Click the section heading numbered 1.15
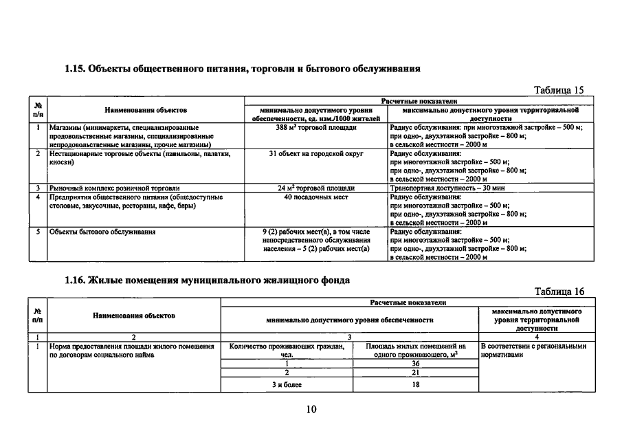pyautogui.click(x=243, y=69)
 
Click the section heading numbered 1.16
pyautogui.click(x=207, y=280)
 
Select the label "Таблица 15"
pyautogui.click(x=559, y=90)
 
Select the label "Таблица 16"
pyautogui.click(x=559, y=291)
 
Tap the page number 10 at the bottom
pyautogui.click(x=311, y=410)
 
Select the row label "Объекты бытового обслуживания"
pyautogui.click(x=102, y=232)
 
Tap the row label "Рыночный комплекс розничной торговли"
pyautogui.click(x=114, y=188)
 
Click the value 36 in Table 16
pyautogui.click(x=415, y=363)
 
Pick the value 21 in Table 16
pyautogui.click(x=415, y=372)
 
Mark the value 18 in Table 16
pyautogui.click(x=415, y=384)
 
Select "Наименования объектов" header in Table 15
pyautogui.click(x=146, y=110)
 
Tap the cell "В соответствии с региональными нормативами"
pyautogui.click(x=533, y=351)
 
